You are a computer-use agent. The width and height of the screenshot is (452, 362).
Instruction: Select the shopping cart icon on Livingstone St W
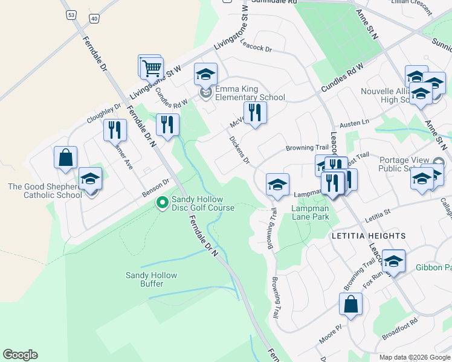pyautogui.click(x=151, y=68)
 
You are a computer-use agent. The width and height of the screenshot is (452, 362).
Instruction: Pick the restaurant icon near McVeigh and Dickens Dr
pyautogui.click(x=255, y=112)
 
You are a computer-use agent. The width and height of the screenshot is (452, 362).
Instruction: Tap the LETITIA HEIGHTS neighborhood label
pyautogui.click(x=368, y=235)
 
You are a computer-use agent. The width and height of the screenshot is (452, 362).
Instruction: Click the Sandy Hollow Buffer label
pyautogui.click(x=151, y=279)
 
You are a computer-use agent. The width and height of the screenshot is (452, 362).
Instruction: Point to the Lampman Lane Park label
pyautogui.click(x=310, y=212)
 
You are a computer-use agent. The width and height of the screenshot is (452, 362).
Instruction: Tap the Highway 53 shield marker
pyautogui.click(x=72, y=14)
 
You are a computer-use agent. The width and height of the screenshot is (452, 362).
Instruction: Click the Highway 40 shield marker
pyautogui.click(x=93, y=19)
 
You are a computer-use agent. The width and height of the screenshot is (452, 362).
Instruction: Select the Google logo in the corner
pyautogui.click(x=20, y=355)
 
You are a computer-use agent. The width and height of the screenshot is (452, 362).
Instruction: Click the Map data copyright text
pyautogui.click(x=414, y=357)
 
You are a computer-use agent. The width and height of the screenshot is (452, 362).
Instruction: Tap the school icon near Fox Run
pyautogui.click(x=393, y=261)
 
